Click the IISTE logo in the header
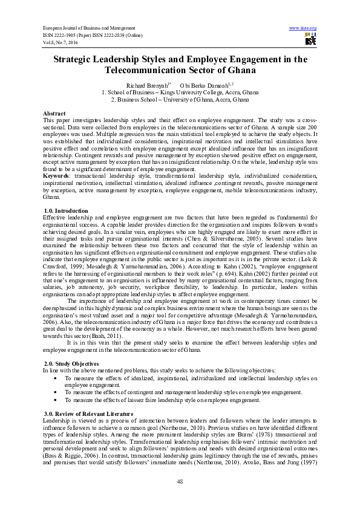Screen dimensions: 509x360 (310, 40)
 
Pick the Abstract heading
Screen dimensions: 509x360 (54, 114)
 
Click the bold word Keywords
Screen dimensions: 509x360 (56, 174)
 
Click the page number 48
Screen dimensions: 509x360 (180, 481)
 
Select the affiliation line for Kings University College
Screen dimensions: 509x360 (180, 92)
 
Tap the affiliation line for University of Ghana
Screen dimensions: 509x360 (180, 100)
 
